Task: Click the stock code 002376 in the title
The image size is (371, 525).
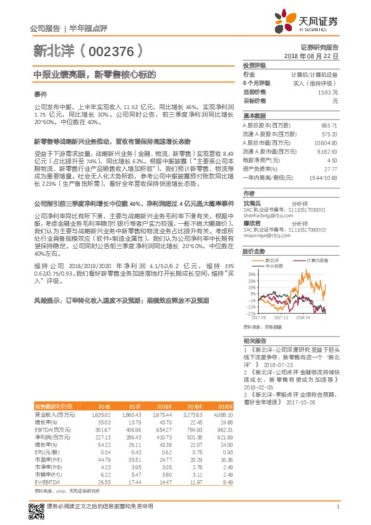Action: (x=112, y=50)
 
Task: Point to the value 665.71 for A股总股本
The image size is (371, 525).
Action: (x=329, y=125)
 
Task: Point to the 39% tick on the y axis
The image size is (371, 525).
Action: (x=251, y=274)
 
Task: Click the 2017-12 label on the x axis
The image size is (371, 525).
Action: (x=279, y=317)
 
